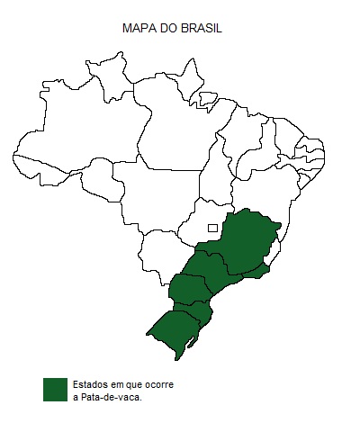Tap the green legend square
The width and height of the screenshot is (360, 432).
pos(56,389)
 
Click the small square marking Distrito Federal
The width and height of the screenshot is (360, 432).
pos(212,227)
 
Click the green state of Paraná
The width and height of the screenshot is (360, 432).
pos(188,290)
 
